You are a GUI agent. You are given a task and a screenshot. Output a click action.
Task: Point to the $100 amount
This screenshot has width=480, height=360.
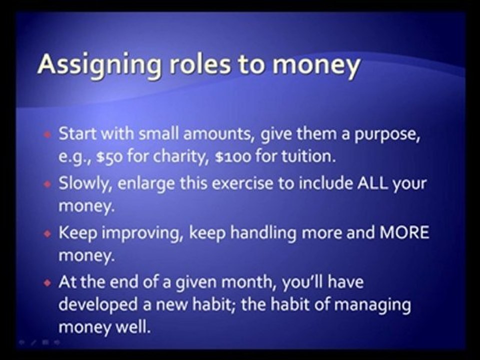pyautogui.click(x=231, y=156)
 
